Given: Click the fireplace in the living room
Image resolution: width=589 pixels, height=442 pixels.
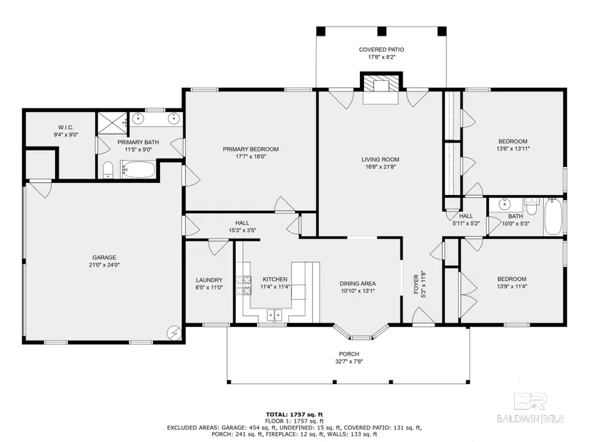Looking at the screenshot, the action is click(381, 89).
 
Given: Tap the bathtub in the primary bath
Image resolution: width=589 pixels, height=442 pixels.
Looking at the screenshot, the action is click(139, 170).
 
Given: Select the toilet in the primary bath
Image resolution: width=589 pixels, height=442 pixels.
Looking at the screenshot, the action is click(109, 170).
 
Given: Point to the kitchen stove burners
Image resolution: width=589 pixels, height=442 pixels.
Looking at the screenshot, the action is click(243, 286).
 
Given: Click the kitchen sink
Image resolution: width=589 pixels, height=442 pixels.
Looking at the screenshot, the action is click(275, 315).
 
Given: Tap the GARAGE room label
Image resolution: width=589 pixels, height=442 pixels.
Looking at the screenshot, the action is click(104, 258).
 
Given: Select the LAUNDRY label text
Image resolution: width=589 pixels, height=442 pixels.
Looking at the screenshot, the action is click(209, 280).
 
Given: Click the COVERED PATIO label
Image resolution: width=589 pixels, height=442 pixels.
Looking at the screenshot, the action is click(381, 49).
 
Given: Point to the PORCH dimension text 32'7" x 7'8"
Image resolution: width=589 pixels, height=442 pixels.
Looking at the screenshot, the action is click(349, 361).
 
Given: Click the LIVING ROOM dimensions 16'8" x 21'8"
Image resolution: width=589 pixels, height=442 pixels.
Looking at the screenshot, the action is click(381, 167).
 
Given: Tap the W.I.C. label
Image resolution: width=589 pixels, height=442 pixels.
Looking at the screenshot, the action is click(66, 127).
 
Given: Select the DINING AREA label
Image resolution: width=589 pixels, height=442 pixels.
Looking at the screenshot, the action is click(358, 283).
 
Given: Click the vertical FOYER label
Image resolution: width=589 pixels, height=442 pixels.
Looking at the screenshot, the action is click(416, 284).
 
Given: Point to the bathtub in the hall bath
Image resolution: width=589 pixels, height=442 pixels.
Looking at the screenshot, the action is click(554, 217).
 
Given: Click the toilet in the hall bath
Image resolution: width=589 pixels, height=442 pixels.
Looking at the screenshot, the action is click(532, 206).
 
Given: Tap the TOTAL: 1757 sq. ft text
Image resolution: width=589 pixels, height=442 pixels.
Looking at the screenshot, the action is click(294, 415).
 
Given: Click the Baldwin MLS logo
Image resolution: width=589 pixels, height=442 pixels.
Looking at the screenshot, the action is click(530, 408).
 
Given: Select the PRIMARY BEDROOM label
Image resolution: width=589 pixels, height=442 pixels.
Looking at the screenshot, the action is click(251, 149).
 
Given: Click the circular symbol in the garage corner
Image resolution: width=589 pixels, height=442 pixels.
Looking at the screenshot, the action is click(174, 332).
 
